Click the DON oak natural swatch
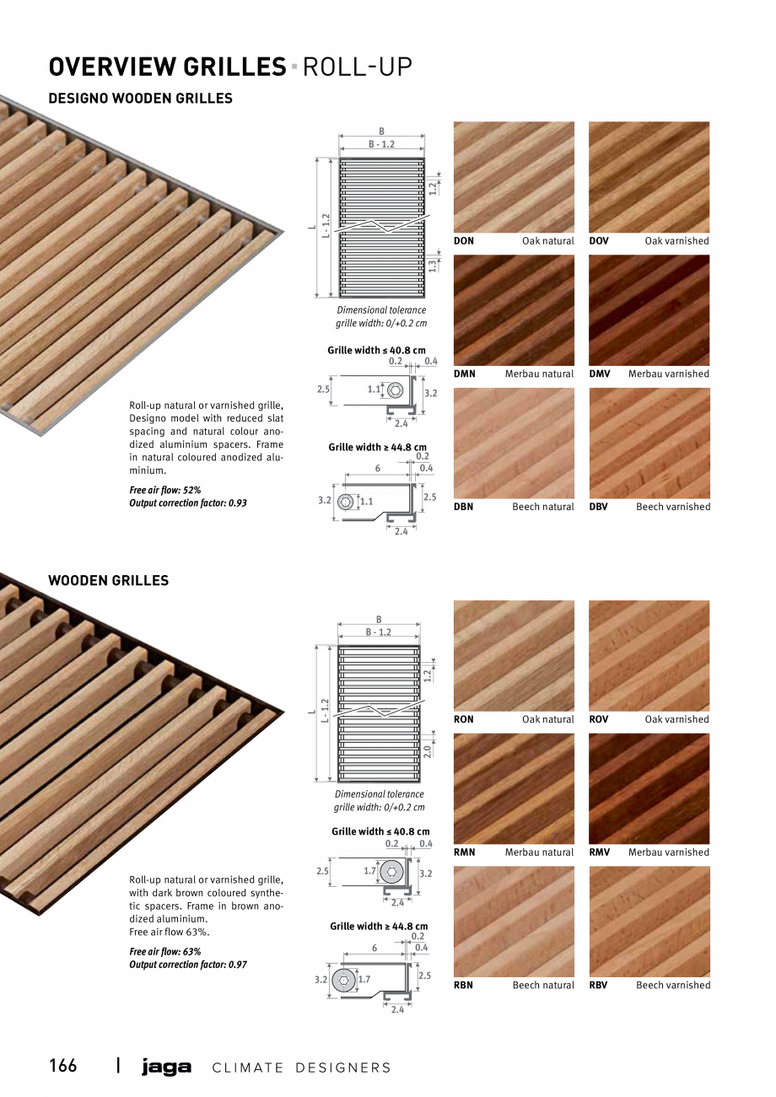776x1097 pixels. pyautogui.click(x=514, y=177)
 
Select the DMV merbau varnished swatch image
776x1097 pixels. pyautogui.click(x=649, y=310)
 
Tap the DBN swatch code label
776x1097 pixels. pyautogui.click(x=463, y=507)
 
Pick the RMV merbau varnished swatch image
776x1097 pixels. pyautogui.click(x=649, y=788)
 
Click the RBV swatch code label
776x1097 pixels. pyautogui.click(x=598, y=985)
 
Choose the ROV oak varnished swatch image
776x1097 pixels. pyautogui.click(x=649, y=655)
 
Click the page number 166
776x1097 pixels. pyautogui.click(x=62, y=1066)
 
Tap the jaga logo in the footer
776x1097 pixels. pyautogui.click(x=166, y=1067)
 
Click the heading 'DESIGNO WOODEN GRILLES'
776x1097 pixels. pyautogui.click(x=140, y=98)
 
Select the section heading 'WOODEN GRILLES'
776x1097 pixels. pyautogui.click(x=108, y=580)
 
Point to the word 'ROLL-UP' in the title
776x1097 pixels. pyautogui.click(x=357, y=67)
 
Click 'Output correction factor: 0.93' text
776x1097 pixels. pyautogui.click(x=188, y=503)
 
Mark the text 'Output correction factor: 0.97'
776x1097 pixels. pyautogui.click(x=188, y=965)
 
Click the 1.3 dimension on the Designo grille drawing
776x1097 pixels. pyautogui.click(x=432, y=265)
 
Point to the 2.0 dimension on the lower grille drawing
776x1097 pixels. pyautogui.click(x=428, y=750)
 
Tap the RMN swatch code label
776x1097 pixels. pyautogui.click(x=464, y=852)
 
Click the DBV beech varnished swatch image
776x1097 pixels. pyautogui.click(x=649, y=444)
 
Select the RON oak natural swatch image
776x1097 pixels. pyautogui.click(x=514, y=655)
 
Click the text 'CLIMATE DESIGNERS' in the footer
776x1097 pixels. pyautogui.click(x=301, y=1067)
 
